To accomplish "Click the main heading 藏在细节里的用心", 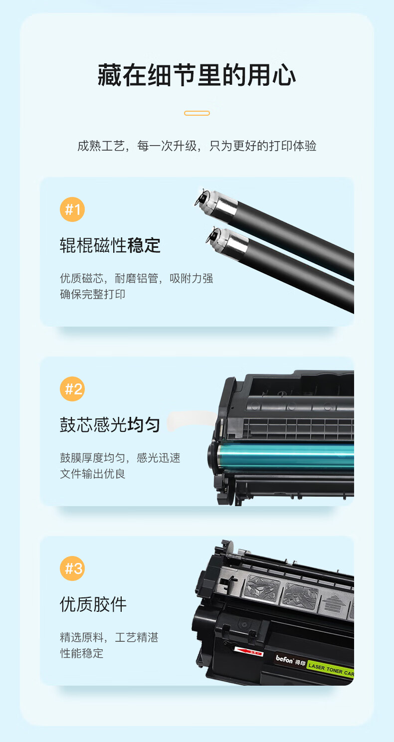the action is [197, 75].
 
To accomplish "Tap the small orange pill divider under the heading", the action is [197, 113].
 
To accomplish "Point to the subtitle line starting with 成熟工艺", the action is [197, 146].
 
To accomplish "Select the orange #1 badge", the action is [72, 209].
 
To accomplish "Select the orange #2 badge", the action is [72, 389].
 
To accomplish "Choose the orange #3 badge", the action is [72, 568].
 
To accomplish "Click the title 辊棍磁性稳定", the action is [110, 245].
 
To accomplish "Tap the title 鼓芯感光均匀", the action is [110, 425].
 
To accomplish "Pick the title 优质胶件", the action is [93, 604].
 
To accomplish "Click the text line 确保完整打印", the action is [92, 294].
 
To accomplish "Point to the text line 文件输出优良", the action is [92, 474].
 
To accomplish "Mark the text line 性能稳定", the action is [81, 653].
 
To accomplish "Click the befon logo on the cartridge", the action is [285, 660].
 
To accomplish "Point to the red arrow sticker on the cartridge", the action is [248, 651].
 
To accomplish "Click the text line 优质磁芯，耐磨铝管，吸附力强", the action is [137, 278].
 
